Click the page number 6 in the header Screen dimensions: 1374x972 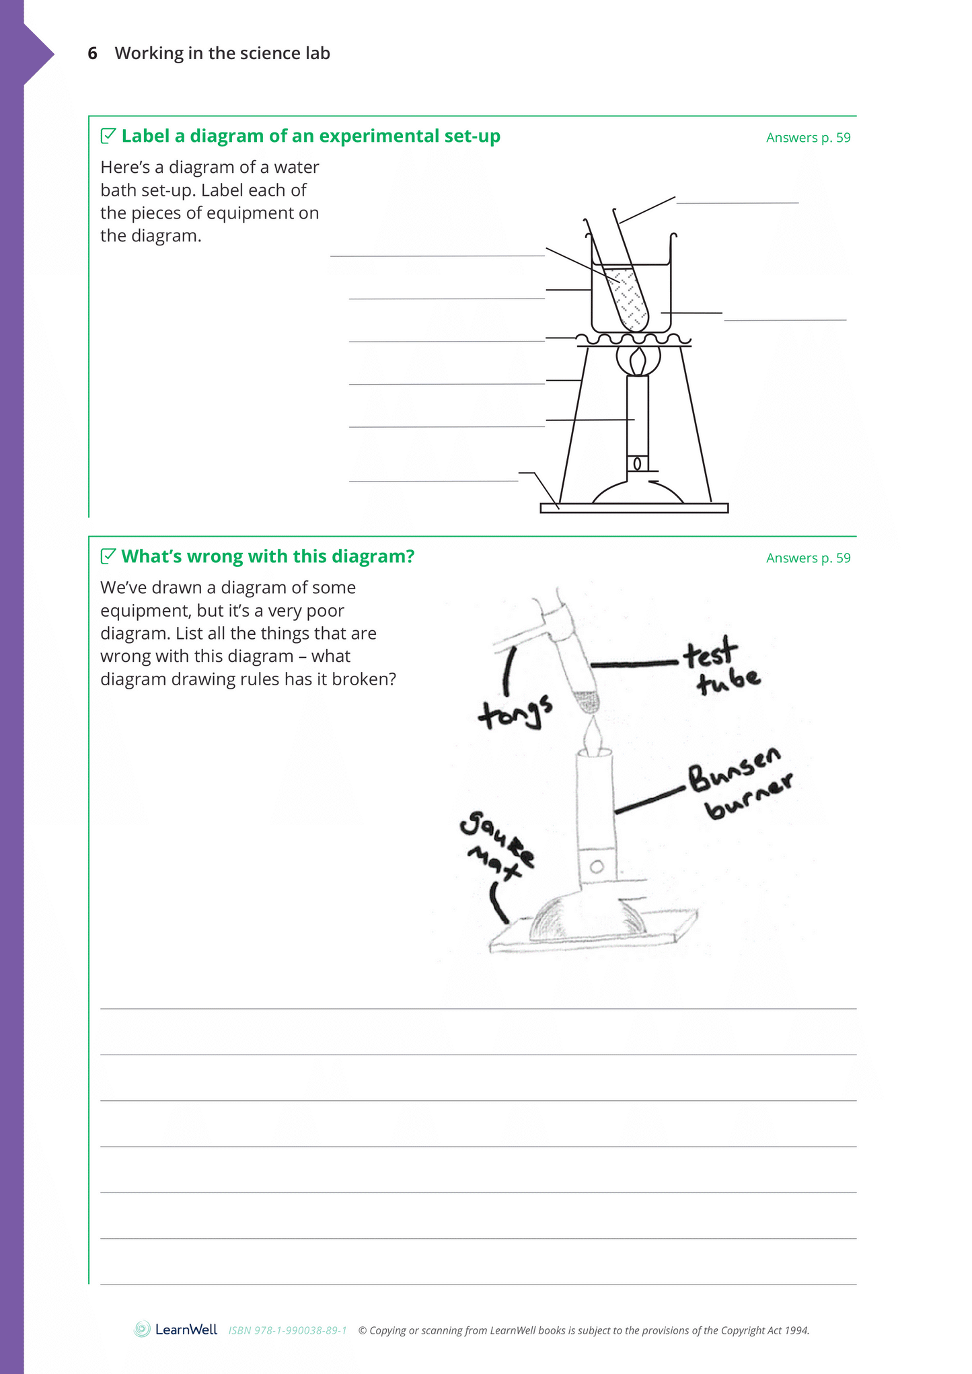(93, 54)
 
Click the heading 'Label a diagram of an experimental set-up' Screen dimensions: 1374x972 (310, 137)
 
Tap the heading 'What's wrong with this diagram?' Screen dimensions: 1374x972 (267, 557)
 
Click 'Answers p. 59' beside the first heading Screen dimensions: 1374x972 (808, 138)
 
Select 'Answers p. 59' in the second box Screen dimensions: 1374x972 (808, 558)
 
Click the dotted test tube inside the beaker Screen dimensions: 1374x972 (630, 298)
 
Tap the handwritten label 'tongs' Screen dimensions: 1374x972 (515, 712)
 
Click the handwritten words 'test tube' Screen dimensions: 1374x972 (720, 665)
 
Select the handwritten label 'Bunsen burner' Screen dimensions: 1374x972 (740, 784)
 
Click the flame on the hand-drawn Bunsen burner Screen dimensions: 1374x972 (593, 737)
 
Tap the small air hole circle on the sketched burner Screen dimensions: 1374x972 (596, 868)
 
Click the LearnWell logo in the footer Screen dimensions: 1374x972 (176, 1329)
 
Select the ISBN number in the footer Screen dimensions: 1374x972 (287, 1330)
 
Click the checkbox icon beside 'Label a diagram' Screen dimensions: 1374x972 (108, 136)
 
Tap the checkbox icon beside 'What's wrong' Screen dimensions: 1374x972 (108, 556)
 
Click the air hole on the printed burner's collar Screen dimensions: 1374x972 (637, 463)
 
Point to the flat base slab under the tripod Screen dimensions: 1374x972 (634, 508)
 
